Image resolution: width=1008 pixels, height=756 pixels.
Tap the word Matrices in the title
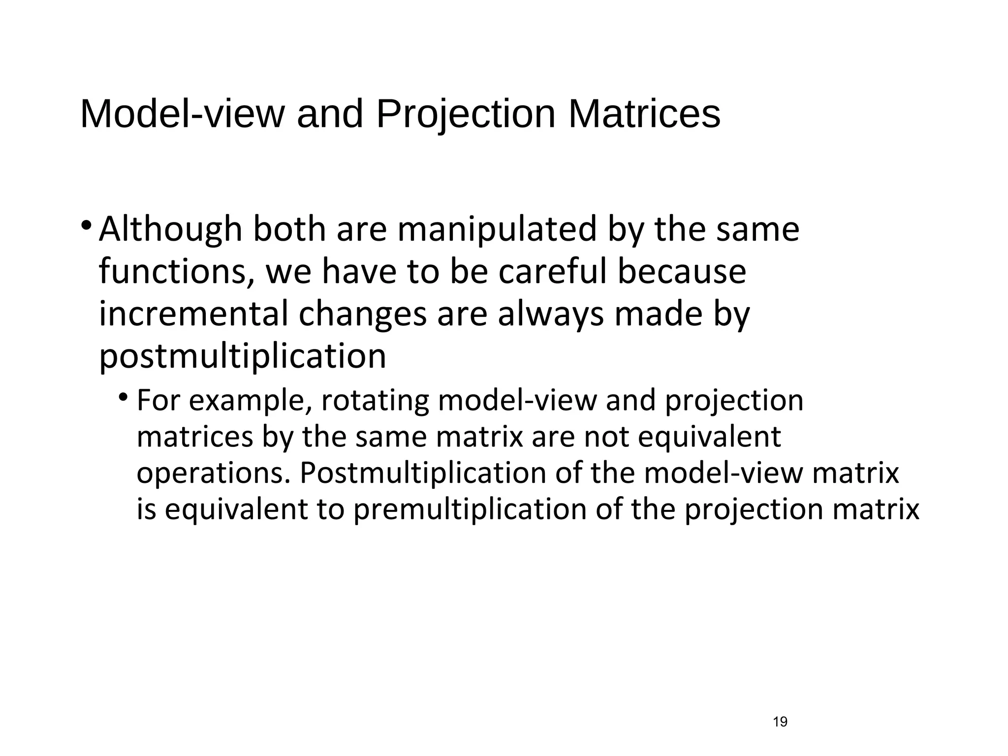(644, 115)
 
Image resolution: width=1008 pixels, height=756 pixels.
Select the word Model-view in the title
(182, 115)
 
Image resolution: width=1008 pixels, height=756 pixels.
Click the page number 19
(780, 722)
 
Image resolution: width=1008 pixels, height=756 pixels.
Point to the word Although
(171, 230)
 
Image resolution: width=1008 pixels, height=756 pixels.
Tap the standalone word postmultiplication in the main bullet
(243, 356)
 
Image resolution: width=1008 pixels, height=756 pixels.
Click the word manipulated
(497, 230)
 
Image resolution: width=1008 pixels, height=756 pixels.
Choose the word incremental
(193, 314)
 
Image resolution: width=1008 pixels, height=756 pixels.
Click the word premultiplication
(470, 509)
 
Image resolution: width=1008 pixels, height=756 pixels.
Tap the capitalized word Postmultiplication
(423, 473)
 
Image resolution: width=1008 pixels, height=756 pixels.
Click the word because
(682, 272)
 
